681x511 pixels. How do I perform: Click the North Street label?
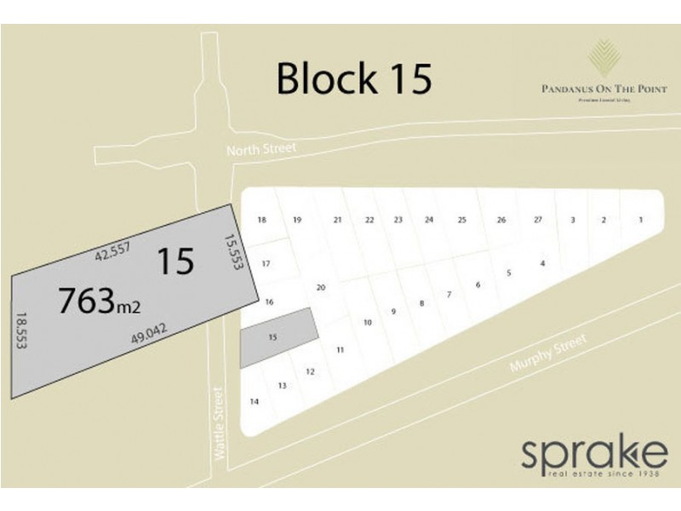[x=261, y=149]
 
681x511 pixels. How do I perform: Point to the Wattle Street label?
[x=222, y=423]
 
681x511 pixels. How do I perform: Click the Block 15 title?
[x=354, y=78]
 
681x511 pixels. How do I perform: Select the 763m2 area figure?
[x=99, y=301]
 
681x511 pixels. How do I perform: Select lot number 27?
[x=538, y=221]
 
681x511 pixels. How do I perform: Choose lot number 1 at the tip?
[x=640, y=221]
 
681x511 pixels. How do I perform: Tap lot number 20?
[x=321, y=287]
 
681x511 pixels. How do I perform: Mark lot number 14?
[x=254, y=401]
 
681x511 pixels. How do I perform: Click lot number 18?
[x=263, y=221]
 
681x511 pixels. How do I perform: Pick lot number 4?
[x=542, y=263]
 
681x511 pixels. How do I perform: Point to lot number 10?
[x=368, y=323]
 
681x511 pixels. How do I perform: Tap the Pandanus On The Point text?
[x=604, y=89]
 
